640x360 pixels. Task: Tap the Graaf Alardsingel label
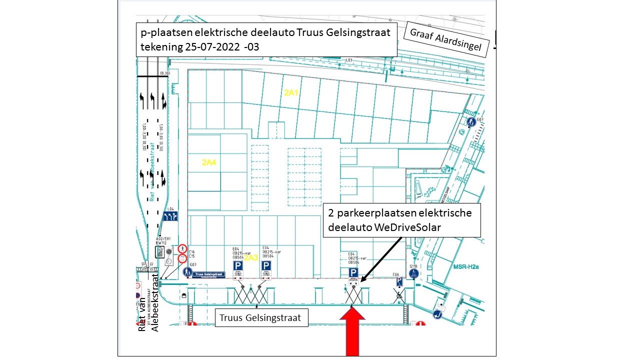[445, 39]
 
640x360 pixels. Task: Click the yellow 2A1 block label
[291, 92]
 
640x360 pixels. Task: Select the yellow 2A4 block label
[209, 162]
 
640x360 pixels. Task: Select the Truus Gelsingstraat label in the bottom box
[261, 318]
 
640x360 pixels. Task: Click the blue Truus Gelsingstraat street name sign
[210, 274]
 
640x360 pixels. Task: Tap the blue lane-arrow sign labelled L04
[171, 217]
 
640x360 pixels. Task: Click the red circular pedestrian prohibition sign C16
[182, 249]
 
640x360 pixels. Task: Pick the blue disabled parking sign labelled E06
[399, 282]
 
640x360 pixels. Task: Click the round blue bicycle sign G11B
[413, 273]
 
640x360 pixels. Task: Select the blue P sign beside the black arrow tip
[353, 272]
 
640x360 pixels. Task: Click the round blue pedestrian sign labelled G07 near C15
[187, 272]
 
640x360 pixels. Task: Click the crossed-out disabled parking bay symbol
[399, 296]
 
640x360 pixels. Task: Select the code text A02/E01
[163, 238]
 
